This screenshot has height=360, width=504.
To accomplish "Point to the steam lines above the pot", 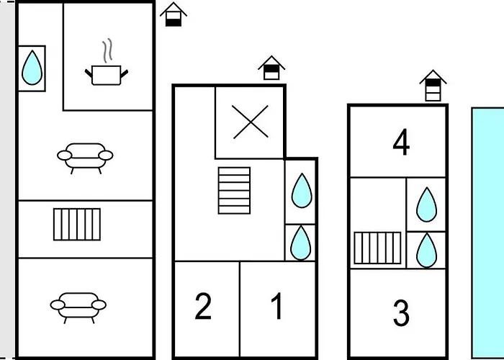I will click(x=108, y=51).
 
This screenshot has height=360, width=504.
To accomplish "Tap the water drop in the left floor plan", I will click(x=32, y=68).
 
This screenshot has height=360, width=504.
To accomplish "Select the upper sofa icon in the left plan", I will click(x=86, y=155).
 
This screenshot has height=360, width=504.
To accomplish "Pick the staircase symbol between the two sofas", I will click(x=77, y=224).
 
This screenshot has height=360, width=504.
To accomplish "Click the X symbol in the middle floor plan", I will click(x=251, y=121).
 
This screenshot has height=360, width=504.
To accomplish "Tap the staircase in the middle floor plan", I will click(x=234, y=190).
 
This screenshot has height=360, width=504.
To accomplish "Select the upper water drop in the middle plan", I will click(x=301, y=191).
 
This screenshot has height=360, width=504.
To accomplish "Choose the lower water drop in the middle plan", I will click(x=301, y=243).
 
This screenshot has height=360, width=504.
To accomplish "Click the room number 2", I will click(x=204, y=307).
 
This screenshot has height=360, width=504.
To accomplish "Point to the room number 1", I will click(x=277, y=307).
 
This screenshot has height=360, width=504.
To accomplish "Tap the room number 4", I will click(x=401, y=143).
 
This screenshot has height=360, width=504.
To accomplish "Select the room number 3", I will click(x=401, y=314).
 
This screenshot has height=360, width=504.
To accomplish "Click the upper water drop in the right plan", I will click(x=427, y=204).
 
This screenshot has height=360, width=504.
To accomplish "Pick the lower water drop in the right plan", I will click(x=427, y=249).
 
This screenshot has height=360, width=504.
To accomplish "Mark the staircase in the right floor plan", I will click(x=377, y=248).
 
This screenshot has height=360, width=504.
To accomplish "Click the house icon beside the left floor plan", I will click(x=174, y=14).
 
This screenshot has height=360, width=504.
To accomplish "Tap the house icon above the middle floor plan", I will click(x=271, y=68).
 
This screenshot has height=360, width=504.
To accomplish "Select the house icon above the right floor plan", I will click(x=433, y=86).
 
